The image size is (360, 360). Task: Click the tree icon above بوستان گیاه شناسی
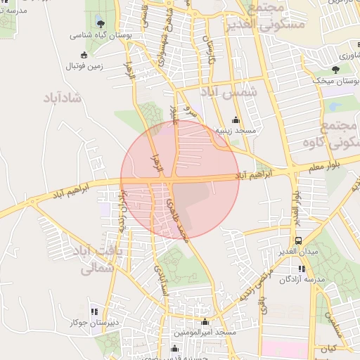click(x=98, y=22)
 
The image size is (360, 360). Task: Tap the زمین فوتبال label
click(x=84, y=66)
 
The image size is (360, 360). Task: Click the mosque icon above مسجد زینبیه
click(x=236, y=120)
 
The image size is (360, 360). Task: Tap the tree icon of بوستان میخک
click(x=335, y=70)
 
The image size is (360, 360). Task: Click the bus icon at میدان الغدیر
click(x=299, y=240)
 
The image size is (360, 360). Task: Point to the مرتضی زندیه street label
click(x=252, y=281)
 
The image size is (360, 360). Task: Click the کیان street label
click(x=328, y=348)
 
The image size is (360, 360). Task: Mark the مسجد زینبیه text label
click(x=236, y=131)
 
